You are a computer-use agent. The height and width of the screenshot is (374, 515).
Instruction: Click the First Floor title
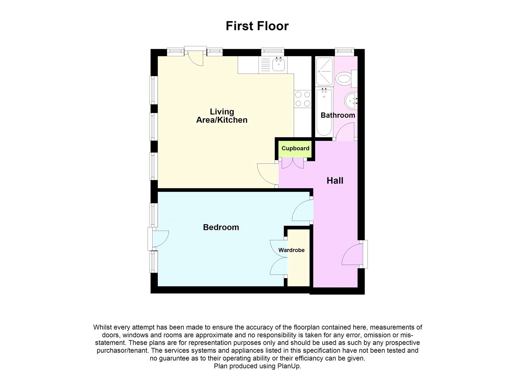(x=257, y=26)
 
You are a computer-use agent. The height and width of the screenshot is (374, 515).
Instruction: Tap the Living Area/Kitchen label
(x=222, y=116)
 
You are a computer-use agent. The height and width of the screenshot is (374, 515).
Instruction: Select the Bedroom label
(x=221, y=227)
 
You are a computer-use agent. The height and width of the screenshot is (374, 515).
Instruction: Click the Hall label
(x=335, y=181)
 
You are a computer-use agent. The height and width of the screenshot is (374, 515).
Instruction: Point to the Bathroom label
(x=338, y=115)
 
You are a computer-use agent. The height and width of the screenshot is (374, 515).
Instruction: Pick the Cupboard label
(x=295, y=148)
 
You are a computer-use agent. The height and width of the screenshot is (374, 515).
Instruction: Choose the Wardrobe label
(x=291, y=250)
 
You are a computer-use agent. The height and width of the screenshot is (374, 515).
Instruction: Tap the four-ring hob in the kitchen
(x=303, y=99)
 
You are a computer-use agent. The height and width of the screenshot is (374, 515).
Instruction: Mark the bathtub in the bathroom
(x=324, y=113)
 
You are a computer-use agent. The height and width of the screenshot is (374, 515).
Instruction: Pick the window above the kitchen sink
(x=273, y=51)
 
